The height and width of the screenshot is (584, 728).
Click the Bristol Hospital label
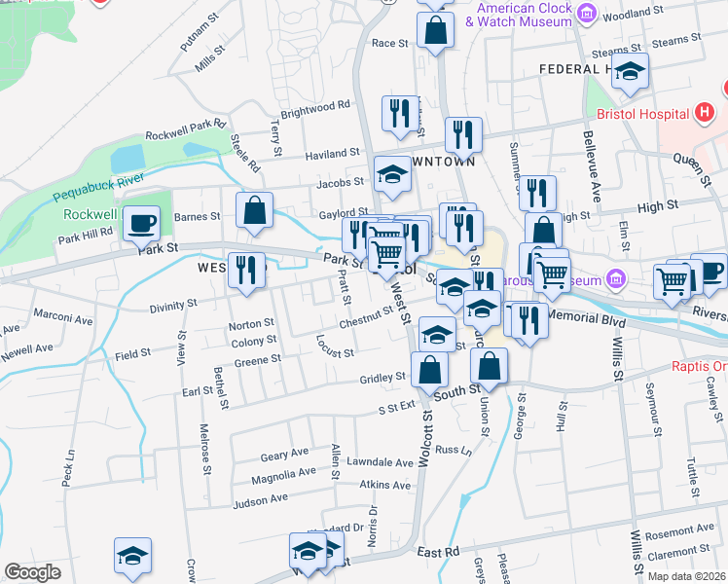651,113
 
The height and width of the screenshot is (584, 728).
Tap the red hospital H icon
708,114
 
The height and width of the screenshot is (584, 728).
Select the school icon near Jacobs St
392,174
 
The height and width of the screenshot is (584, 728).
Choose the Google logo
32,572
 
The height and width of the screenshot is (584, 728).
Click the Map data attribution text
685,575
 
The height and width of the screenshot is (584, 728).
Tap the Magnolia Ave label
283,474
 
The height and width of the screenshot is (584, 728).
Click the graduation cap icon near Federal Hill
630,70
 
